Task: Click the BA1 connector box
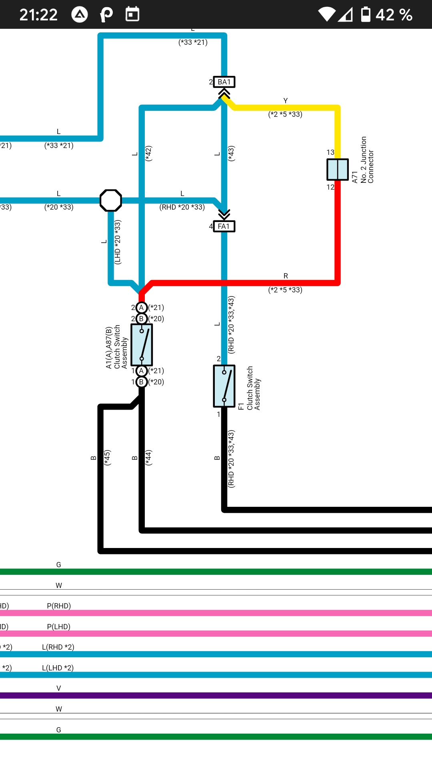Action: coord(224,82)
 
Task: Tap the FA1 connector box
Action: coord(224,226)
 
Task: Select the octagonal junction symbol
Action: coord(111,200)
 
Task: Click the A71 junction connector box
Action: coord(338,170)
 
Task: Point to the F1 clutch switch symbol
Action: coord(224,386)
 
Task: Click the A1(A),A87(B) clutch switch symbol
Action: coord(142,345)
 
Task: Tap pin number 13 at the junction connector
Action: coord(330,152)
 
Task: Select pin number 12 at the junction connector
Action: coord(330,187)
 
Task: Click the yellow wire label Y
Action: coord(286,101)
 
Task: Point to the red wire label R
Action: coord(286,276)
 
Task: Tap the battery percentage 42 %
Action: coord(394,15)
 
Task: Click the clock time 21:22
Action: coord(38,15)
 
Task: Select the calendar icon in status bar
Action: coord(132,14)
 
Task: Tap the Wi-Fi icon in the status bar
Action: coord(327,14)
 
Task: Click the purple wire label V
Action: coord(59,688)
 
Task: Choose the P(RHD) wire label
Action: coord(59,606)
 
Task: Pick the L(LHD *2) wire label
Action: coord(58,668)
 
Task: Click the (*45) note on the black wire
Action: coord(107,458)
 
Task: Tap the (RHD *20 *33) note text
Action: coord(182,207)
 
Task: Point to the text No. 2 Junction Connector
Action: coord(367,160)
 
